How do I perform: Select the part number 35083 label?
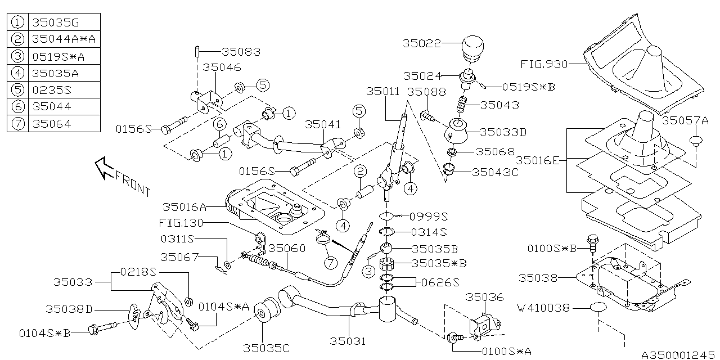[x=241, y=52]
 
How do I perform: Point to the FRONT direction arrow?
[x=105, y=168]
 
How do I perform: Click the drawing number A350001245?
[x=679, y=355]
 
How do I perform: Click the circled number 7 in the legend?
[x=19, y=123]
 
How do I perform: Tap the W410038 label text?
[x=543, y=308]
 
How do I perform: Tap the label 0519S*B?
[x=528, y=87]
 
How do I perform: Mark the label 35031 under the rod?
[x=348, y=341]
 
